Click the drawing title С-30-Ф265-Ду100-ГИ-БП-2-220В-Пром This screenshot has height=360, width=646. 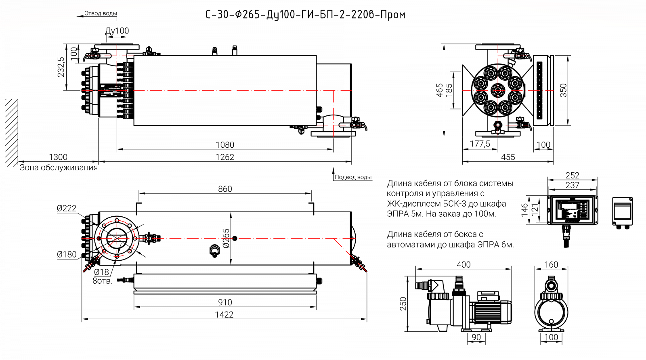pos(305,15)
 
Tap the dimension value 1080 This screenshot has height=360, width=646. pos(225,144)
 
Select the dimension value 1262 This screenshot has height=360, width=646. pos(225,157)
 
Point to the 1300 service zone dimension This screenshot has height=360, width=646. pos(58,157)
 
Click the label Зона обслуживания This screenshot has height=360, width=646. pos(59,167)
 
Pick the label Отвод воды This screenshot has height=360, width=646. pos(101,13)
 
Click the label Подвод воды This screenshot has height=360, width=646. pos(353,177)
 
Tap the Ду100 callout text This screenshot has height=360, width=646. pos(117,31)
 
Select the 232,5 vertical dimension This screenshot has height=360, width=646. pos(61,67)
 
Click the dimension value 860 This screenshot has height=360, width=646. pos(225,189)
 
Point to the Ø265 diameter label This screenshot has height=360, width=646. pos(226,238)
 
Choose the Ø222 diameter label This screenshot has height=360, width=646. pos(67,208)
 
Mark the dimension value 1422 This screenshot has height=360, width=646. pos(224,315)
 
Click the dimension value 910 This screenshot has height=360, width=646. pos(225,302)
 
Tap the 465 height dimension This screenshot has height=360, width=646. pos(440,90)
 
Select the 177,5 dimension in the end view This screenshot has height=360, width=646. pos(480,144)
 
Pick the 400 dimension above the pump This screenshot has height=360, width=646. pos(464,264)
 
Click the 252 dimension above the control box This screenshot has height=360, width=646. pos(572,175)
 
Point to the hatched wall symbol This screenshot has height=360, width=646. pos(12,132)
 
